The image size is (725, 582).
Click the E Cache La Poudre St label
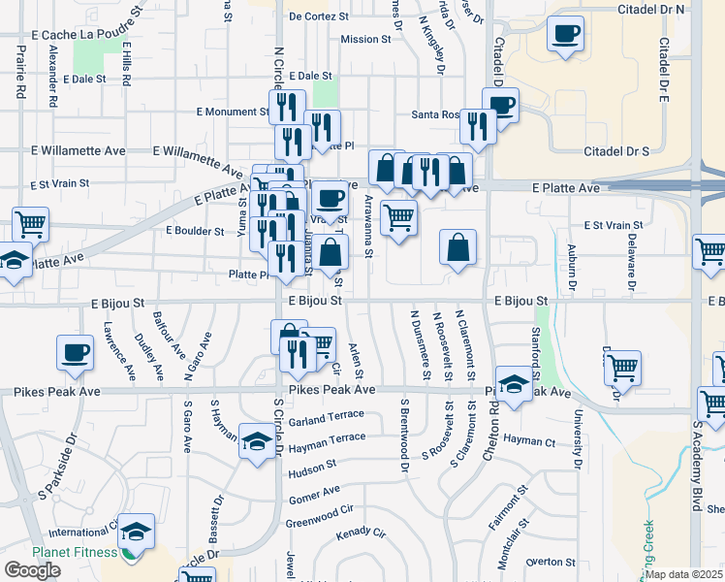pyautogui.click(x=80, y=34)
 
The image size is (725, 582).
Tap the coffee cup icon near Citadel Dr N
pyautogui.click(x=565, y=35)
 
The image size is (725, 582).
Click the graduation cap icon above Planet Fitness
pyautogui.click(x=137, y=532)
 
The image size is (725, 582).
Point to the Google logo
pyautogui.click(x=32, y=570)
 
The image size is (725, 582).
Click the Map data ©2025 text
pyautogui.click(x=684, y=574)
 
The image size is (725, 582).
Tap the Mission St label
pyautogui.click(x=365, y=40)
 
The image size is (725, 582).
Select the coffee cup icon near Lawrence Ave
pyautogui.click(x=75, y=353)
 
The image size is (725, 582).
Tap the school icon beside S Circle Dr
pyautogui.click(x=256, y=442)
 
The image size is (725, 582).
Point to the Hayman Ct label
pyautogui.click(x=529, y=440)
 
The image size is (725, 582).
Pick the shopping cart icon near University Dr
pyautogui.click(x=622, y=369)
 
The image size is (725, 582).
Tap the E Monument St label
pyautogui.click(x=233, y=113)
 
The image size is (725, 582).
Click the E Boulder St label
pyautogui.click(x=196, y=231)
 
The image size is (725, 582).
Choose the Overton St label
pyautogui.click(x=551, y=562)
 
